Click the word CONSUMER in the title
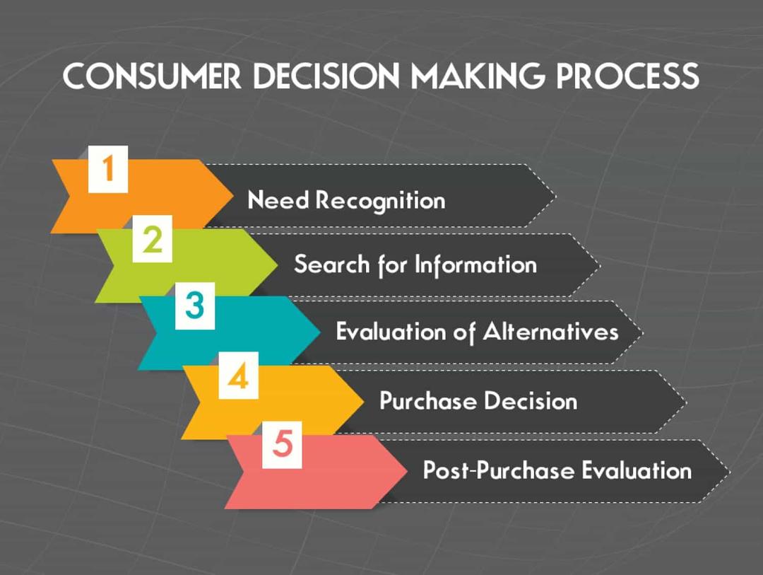[x=152, y=76]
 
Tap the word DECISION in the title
[x=326, y=76]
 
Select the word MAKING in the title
[x=478, y=76]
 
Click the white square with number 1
[x=108, y=169]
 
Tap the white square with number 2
[x=153, y=239]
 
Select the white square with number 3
[x=195, y=306]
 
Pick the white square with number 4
[x=239, y=376]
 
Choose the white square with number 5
[x=282, y=446]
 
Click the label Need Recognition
[x=346, y=200]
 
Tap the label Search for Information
[x=415, y=265]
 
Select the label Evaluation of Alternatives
[x=478, y=332]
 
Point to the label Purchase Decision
[x=478, y=401]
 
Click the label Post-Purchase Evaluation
[x=557, y=470]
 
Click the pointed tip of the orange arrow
[x=233, y=196]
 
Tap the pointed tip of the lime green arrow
[x=278, y=265]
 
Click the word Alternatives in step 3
[x=551, y=332]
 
